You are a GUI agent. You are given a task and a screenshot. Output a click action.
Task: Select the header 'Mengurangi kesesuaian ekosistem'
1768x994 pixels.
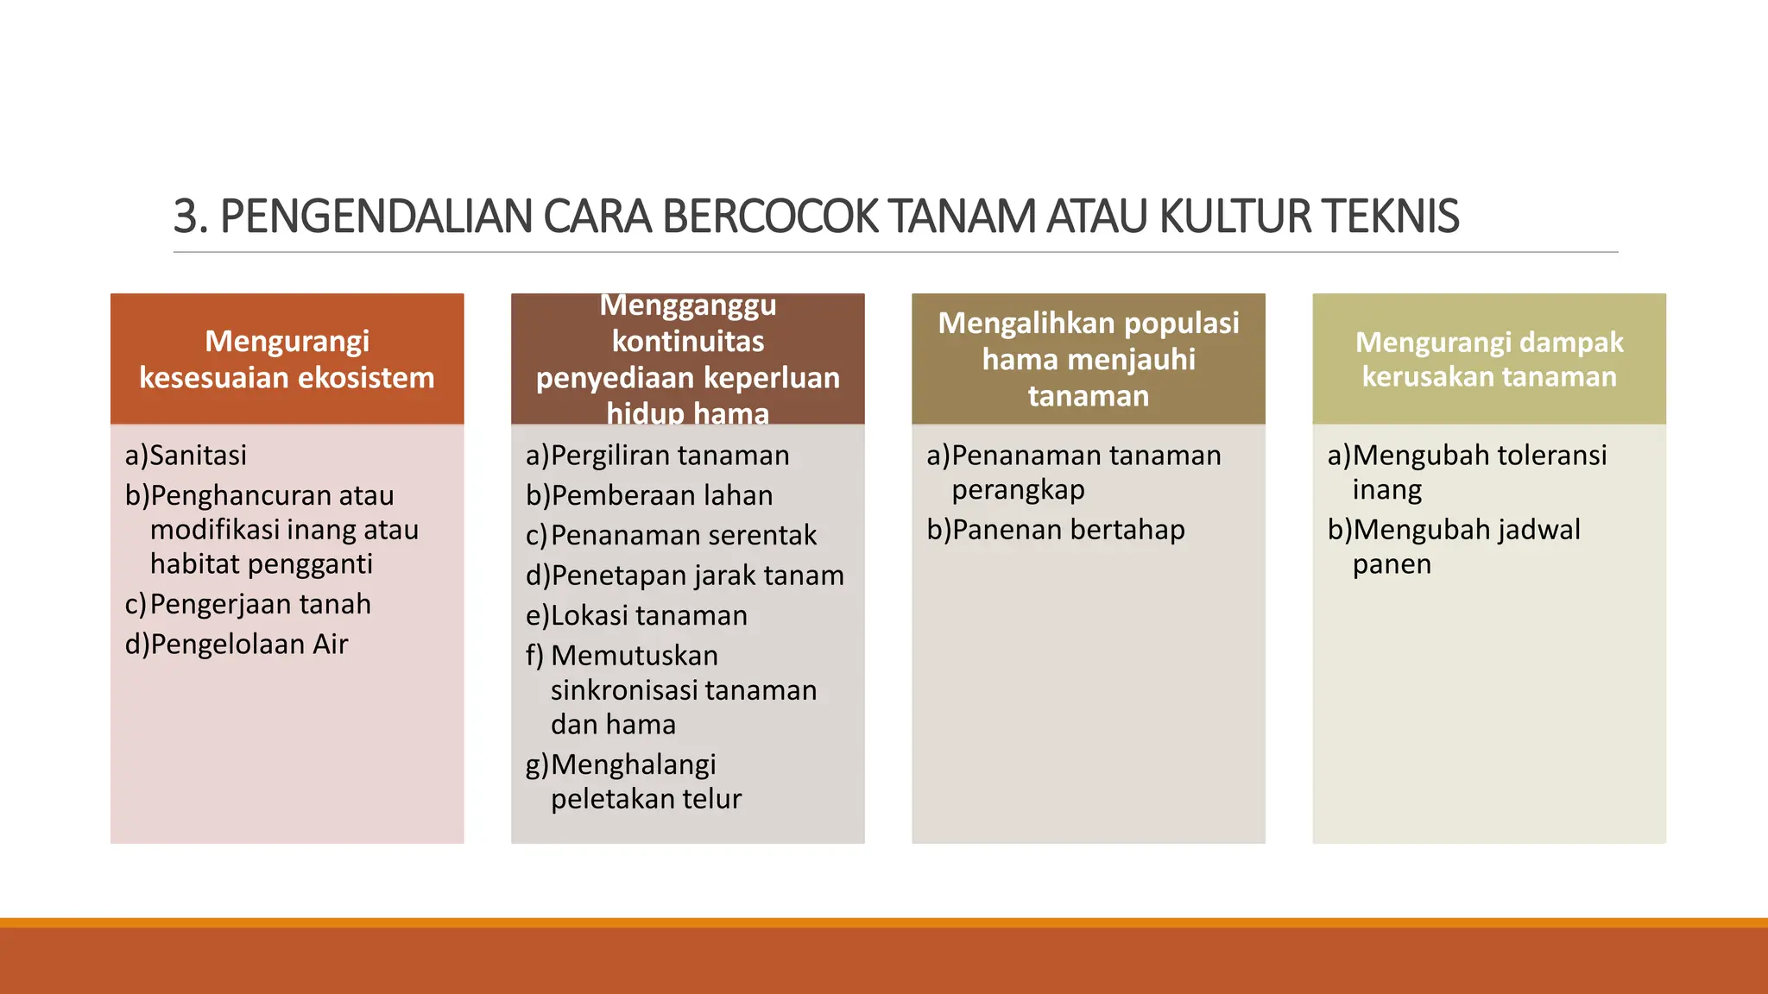[x=287, y=360]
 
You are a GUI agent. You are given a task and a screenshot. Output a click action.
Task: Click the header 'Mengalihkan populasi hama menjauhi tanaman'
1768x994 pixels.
[x=1088, y=360]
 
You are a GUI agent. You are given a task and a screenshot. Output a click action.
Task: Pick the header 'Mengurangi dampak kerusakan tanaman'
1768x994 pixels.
[x=1488, y=360]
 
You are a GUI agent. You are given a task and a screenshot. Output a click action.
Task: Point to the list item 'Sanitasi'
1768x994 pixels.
[x=198, y=456]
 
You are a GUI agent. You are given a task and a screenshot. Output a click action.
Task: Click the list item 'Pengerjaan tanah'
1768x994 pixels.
[x=260, y=605]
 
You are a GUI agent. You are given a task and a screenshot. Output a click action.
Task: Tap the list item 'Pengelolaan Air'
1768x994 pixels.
[x=249, y=645]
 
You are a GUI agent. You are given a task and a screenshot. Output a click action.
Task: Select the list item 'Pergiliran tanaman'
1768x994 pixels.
[x=669, y=456]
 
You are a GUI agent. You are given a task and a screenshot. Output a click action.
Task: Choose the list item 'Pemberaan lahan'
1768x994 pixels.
[x=661, y=496]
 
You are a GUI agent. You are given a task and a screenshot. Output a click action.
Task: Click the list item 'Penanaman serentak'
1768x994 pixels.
[x=683, y=536]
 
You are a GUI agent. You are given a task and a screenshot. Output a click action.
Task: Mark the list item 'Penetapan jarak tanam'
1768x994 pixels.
[x=697, y=576]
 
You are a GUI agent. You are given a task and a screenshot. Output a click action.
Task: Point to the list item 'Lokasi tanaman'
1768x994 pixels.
[x=648, y=616]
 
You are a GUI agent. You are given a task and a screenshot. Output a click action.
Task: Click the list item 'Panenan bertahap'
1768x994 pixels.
[x=1068, y=530]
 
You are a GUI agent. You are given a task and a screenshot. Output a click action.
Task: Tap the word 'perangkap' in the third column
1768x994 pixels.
[x=1018, y=490]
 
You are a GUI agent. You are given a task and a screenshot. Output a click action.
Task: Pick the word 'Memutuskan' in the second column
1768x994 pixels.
[x=635, y=656]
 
